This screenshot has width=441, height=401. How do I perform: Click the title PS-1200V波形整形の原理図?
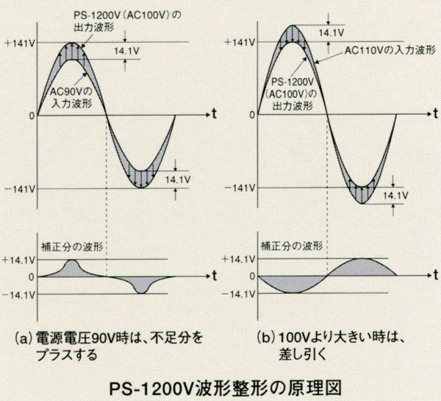tap(220, 385)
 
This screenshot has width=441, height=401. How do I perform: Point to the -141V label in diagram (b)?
tap(240, 189)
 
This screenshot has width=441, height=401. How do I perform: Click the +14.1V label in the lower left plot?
tap(17, 260)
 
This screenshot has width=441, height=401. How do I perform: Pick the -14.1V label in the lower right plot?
tap(240, 293)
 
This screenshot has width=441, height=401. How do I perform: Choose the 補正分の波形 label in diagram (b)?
tap(289, 245)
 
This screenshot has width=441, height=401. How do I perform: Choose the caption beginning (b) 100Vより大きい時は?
tap(332, 346)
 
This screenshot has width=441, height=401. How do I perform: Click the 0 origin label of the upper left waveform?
tap(30, 116)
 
